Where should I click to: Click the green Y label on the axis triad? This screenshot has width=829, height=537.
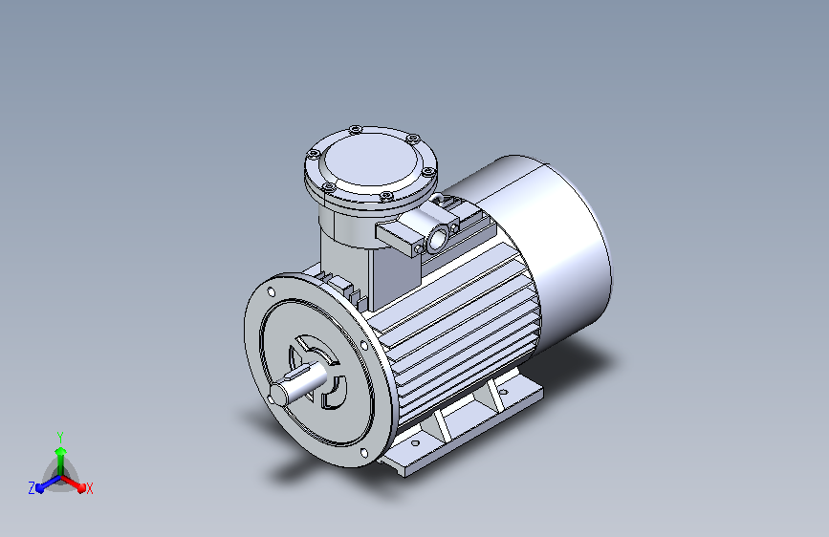click(60, 437)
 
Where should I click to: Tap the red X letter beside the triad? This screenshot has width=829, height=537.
click(89, 488)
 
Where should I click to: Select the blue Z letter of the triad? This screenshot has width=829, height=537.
click(32, 488)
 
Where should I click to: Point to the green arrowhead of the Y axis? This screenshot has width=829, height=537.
click(61, 451)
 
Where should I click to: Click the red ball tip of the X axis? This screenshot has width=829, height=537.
click(81, 487)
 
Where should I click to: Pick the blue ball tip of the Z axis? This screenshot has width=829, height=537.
click(40, 488)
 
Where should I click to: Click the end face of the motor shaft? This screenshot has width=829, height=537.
click(278, 394)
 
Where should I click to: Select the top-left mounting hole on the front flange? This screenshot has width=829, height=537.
click(272, 291)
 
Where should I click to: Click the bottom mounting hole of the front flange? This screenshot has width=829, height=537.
click(363, 453)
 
